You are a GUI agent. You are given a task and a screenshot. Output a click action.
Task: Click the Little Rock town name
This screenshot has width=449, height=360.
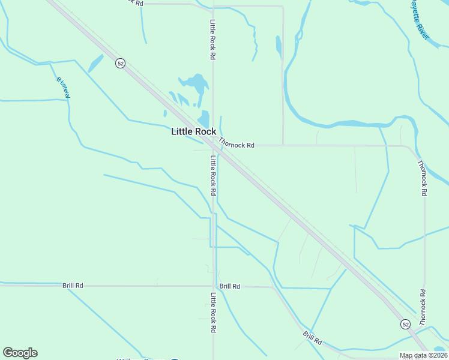[193, 132]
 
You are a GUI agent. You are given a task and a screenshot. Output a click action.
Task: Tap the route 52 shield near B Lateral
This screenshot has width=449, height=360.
[121, 64]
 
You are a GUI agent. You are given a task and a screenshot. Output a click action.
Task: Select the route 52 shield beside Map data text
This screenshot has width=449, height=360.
[406, 324]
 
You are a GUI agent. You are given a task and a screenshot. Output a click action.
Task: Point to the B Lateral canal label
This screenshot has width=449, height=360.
[64, 88]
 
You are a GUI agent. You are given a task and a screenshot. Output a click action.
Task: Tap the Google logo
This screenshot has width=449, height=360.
[20, 353]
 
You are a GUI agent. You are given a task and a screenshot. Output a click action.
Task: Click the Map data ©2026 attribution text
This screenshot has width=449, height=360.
[423, 355]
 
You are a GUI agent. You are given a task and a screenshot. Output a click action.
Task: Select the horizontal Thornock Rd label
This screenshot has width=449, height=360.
[237, 144]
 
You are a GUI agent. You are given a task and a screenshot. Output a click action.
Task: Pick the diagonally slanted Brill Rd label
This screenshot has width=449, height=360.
[313, 338]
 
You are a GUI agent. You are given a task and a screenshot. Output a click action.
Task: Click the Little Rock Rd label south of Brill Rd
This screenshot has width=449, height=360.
[212, 313]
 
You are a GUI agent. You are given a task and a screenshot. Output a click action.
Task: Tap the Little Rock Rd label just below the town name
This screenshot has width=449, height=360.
[212, 175]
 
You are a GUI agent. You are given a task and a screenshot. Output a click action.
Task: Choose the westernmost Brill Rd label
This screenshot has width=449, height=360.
[73, 286]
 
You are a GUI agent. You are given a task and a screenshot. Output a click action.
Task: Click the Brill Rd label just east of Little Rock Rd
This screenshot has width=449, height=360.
[229, 287]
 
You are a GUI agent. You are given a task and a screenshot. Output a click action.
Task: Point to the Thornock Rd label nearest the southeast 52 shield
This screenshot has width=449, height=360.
[423, 308]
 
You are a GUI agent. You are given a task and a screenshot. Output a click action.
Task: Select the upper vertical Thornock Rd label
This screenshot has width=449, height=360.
[423, 178]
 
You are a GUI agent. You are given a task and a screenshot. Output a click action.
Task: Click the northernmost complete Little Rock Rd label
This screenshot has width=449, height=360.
[212, 40]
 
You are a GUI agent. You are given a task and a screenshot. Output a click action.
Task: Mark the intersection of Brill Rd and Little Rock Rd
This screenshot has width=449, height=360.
[214, 286]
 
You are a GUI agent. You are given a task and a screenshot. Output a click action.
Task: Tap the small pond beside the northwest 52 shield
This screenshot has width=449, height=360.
[95, 63]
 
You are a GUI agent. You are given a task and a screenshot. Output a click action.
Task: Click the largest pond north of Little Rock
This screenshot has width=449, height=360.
[194, 83]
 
